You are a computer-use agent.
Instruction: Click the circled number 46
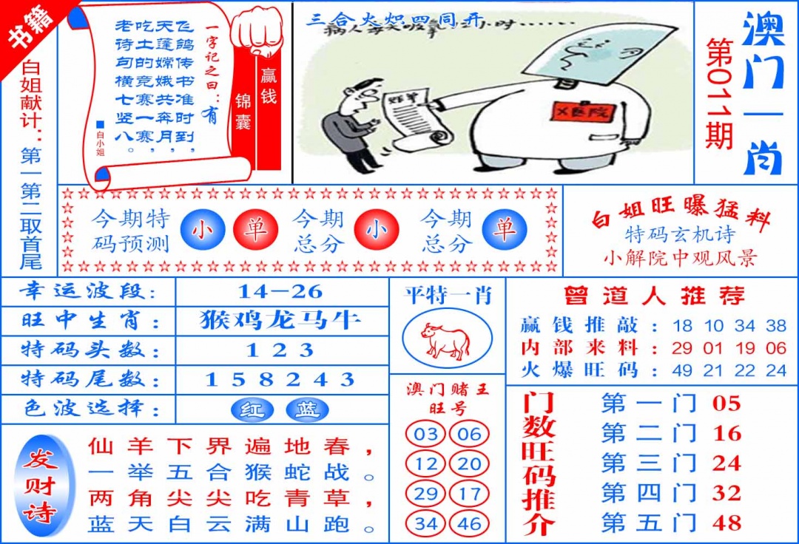point(469,524)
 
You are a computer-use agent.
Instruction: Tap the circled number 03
point(425,434)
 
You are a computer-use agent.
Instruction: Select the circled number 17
point(469,494)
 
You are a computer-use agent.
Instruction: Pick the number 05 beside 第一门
point(726,404)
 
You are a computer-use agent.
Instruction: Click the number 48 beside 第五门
point(726,523)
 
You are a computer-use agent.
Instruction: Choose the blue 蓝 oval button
point(307,409)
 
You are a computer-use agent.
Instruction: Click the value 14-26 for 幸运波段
point(281,290)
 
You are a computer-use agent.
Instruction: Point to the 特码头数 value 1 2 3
point(281,350)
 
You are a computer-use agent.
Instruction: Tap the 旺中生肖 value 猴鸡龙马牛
point(281,320)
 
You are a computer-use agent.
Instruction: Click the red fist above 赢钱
point(257,30)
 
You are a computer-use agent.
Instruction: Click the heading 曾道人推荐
point(653,296)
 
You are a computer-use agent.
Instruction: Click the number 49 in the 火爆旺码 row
point(682,370)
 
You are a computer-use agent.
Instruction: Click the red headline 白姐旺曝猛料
point(681,217)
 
